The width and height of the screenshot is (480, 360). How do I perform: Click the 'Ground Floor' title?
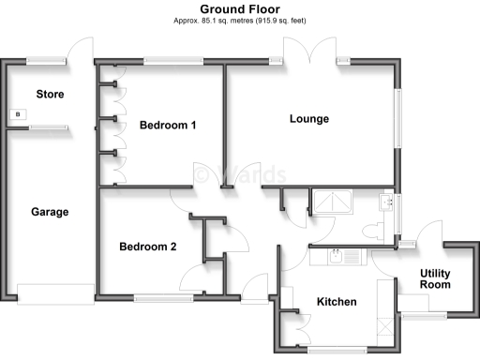[x=240, y=8]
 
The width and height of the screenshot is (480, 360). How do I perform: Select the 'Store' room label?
[x=50, y=94]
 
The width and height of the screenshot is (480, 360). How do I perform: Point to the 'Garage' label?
[x=50, y=212]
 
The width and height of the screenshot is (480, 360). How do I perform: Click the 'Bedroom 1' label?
[x=167, y=125]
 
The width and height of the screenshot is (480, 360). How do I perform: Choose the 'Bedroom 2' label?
[x=148, y=247]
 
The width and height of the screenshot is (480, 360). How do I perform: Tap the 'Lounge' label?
[x=308, y=118]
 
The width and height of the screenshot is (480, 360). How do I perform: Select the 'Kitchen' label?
[x=337, y=302]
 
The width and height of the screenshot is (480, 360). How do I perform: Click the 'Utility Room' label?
[x=436, y=278]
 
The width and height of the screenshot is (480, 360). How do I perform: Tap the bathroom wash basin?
[x=385, y=201]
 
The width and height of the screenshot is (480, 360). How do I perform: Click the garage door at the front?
[x=55, y=294]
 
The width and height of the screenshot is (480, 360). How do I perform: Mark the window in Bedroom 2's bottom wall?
[x=163, y=298]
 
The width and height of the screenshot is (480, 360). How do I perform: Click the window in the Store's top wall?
[x=46, y=61]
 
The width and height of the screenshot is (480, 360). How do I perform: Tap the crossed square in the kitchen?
[x=384, y=327]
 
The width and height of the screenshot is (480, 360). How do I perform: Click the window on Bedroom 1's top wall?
[x=173, y=61]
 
